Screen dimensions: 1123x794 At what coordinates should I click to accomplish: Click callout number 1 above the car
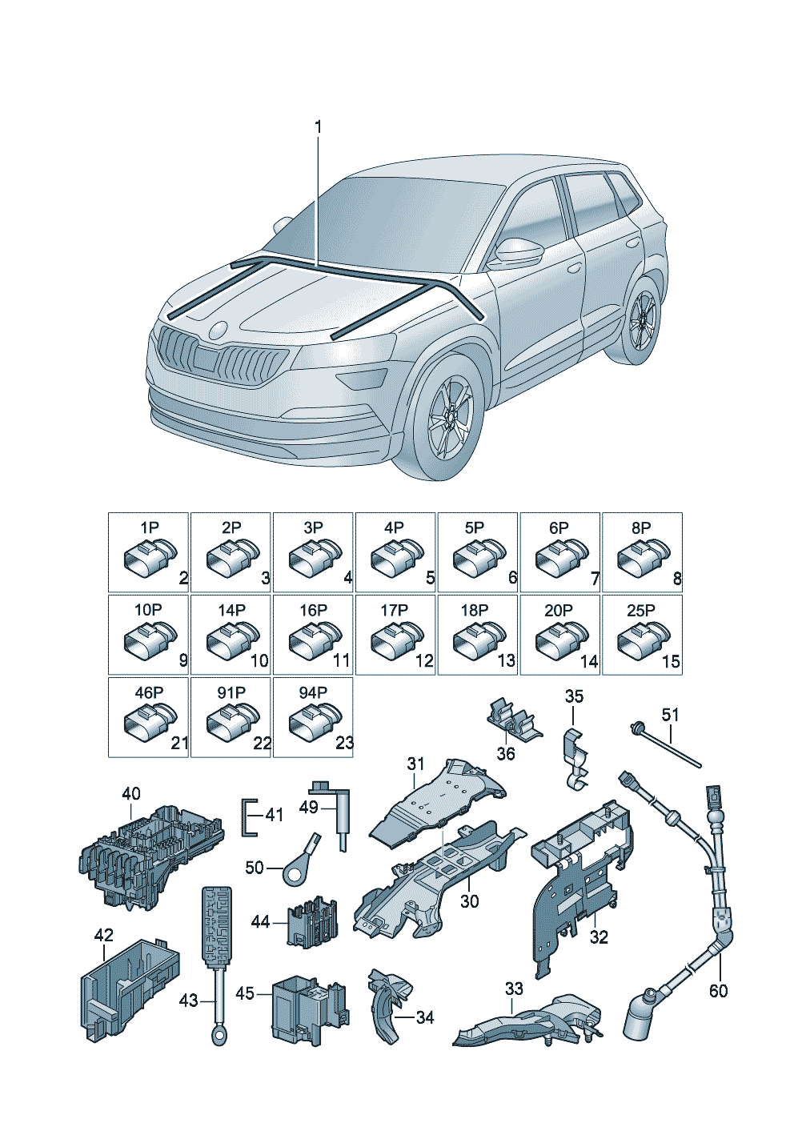click(318, 127)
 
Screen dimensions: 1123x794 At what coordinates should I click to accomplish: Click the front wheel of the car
click(451, 418)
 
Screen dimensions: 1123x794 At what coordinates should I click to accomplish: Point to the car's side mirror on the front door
click(517, 251)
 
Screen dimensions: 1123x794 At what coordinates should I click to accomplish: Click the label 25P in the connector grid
click(641, 610)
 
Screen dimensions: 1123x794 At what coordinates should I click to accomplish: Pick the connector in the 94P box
click(315, 721)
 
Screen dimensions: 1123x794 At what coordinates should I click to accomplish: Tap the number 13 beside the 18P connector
click(506, 660)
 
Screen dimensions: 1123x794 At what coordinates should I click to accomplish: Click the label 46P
click(149, 692)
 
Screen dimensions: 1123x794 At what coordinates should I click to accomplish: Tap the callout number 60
click(718, 990)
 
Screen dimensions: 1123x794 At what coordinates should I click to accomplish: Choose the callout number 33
click(514, 989)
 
